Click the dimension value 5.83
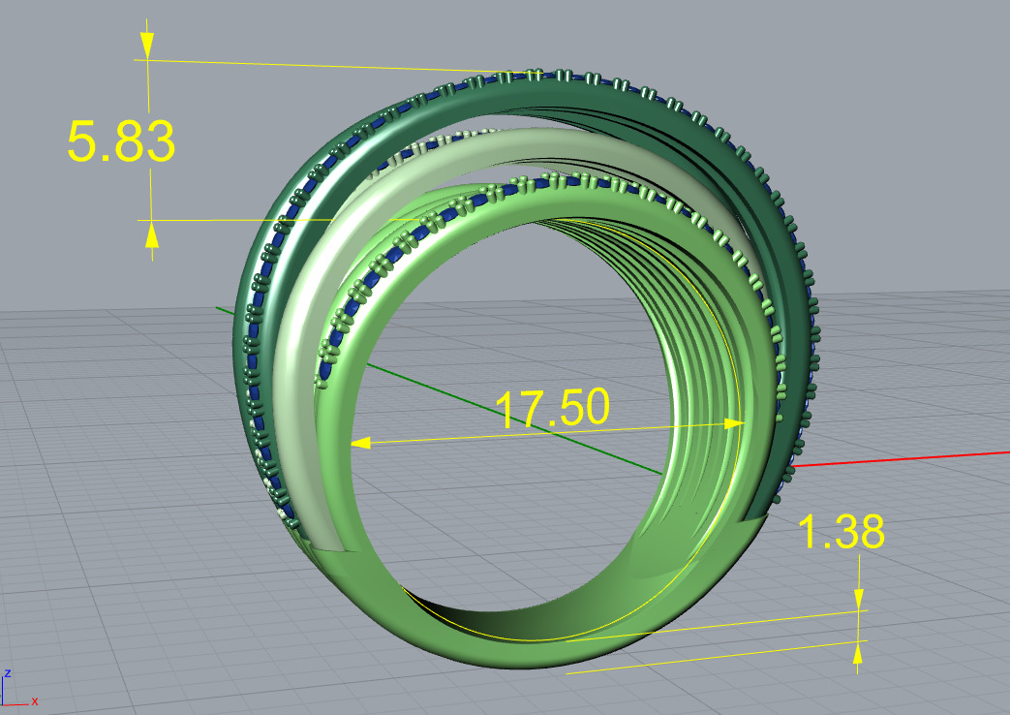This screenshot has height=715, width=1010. (120, 142)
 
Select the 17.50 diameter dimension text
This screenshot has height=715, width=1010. (552, 409)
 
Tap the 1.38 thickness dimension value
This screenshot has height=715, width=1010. (841, 532)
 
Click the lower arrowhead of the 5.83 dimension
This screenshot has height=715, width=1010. (151, 233)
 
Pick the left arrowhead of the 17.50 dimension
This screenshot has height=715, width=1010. (360, 443)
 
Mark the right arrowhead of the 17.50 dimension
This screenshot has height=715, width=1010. (733, 423)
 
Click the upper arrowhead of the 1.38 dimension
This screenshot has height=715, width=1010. (858, 599)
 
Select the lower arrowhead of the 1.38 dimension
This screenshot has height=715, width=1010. (858, 654)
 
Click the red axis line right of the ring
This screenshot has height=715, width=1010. (901, 458)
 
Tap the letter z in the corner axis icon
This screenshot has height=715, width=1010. (8, 672)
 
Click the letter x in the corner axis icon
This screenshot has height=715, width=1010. (35, 700)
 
